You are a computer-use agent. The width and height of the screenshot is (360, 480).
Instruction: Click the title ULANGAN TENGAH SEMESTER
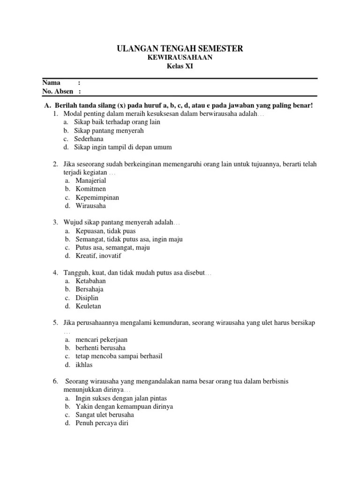180,49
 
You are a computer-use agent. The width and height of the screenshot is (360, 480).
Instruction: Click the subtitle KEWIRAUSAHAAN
180,58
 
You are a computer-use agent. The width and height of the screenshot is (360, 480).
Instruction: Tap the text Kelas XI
180,67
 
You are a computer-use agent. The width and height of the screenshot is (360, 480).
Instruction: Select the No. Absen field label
58,91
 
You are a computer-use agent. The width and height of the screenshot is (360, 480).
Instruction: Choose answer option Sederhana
89,139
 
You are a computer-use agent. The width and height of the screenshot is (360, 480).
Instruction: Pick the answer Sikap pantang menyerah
109,130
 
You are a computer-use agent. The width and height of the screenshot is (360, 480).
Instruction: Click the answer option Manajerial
91,180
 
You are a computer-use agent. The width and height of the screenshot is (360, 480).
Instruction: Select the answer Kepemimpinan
97,197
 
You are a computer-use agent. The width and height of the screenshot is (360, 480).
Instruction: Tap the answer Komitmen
91,189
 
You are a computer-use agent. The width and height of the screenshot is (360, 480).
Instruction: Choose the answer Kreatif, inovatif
98,256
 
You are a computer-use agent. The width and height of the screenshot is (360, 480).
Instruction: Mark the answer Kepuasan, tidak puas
105,231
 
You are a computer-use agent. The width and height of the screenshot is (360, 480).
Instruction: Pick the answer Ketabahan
90,281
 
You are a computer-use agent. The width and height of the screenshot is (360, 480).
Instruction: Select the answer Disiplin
87,298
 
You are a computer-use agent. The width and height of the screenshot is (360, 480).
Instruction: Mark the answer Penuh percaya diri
101,423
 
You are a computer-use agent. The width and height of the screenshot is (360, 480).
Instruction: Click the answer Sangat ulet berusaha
105,415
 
